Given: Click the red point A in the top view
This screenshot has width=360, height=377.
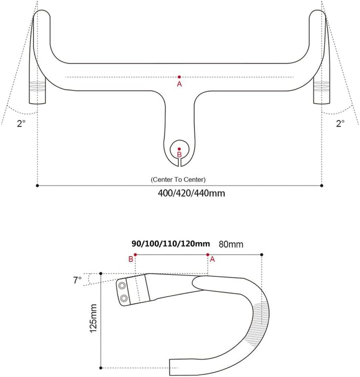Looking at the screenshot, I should click(179, 76).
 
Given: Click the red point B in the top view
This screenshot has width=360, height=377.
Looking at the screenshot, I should click(179, 148).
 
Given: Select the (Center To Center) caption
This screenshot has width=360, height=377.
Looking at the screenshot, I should click(178, 179).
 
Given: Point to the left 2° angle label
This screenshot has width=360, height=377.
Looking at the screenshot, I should click(20, 123).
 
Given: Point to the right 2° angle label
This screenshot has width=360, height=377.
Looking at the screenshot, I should click(340, 123).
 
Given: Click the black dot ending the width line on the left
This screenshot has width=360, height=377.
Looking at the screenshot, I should click(38, 185).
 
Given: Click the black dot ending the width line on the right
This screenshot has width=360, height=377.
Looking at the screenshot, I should click(321, 185).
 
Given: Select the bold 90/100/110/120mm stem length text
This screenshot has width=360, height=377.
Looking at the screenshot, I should click(170, 244).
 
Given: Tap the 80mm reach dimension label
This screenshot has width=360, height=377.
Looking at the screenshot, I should click(231, 244).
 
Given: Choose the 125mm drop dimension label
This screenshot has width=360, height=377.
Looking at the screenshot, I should click(93, 320).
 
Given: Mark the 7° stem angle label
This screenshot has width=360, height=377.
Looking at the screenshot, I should click(76, 280).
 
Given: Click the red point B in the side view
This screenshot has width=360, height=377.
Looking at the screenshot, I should click(135, 254).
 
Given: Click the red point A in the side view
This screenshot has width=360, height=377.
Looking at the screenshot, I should click(207, 254).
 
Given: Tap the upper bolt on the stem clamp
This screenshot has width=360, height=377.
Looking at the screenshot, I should click(122, 285).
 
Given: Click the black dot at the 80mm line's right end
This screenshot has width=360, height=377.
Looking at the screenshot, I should click(262, 254).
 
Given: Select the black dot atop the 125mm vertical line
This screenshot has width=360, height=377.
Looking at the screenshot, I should click(101, 273).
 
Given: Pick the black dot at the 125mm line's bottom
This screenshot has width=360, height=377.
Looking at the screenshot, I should click(101, 367).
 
